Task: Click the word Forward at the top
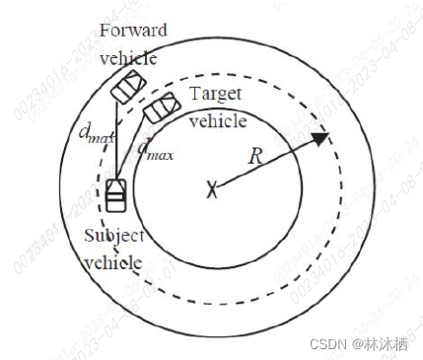[133, 29]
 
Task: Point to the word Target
[216, 95]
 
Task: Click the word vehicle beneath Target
[216, 121]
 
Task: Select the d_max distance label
[155, 150]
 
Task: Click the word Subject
[114, 237]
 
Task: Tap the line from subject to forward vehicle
[119, 138]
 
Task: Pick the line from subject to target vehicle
[134, 151]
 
